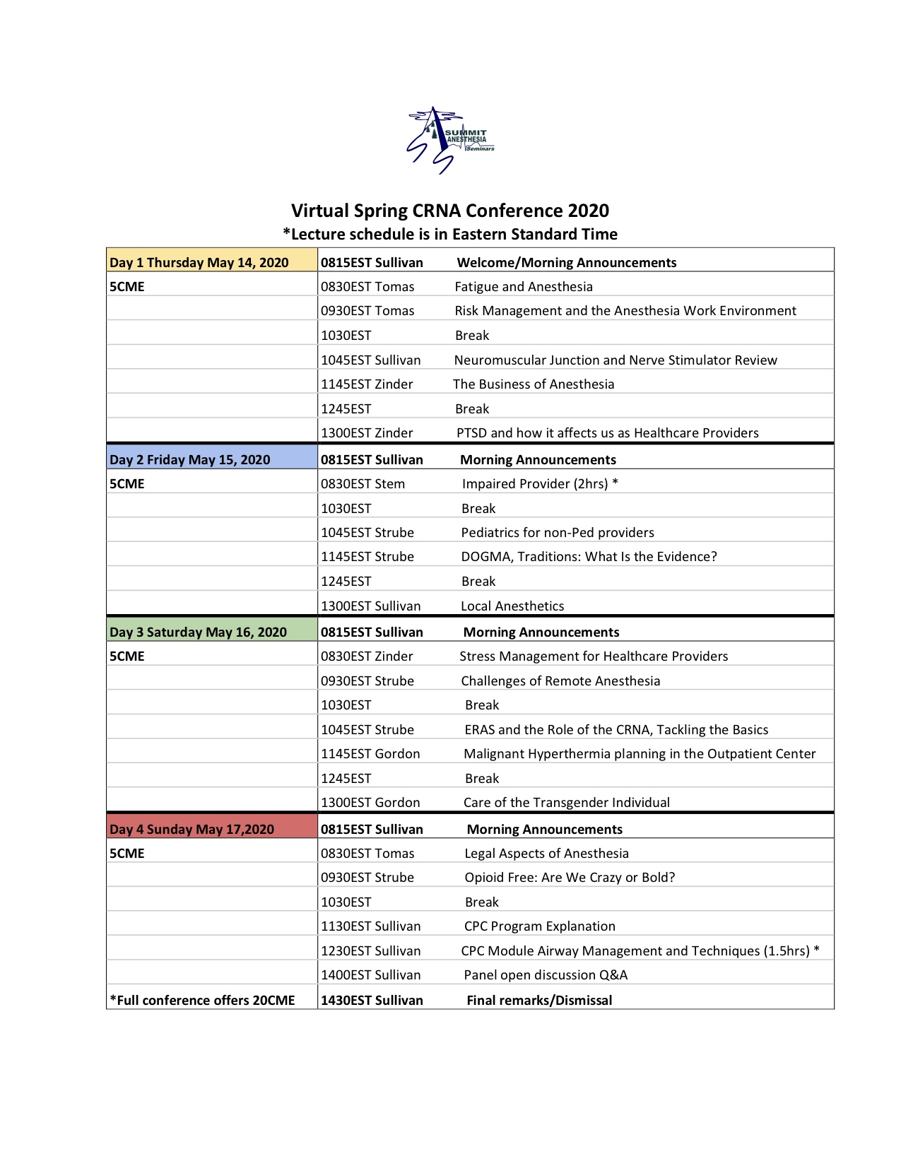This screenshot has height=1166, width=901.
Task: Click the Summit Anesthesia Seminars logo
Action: (450, 140)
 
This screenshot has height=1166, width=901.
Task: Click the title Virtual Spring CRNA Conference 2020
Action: (450, 211)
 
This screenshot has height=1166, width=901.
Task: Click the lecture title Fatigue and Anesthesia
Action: (524, 287)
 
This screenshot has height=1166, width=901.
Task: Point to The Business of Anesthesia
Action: (534, 384)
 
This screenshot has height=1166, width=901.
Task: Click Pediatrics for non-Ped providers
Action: (558, 533)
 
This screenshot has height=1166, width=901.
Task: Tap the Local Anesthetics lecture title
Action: (512, 606)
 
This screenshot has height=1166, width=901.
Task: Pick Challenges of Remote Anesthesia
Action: (560, 681)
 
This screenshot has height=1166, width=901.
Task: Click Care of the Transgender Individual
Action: (567, 803)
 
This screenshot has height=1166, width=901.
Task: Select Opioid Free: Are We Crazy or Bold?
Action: (570, 878)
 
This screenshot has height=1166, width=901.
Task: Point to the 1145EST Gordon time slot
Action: (370, 754)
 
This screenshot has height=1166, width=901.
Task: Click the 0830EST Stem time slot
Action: (363, 484)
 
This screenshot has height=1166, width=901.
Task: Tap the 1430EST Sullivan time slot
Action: (372, 1001)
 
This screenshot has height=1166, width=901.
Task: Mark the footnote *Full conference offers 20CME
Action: (202, 1001)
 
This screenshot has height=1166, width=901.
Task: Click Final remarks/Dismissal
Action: (539, 1001)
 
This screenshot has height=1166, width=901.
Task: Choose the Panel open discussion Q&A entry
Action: (546, 975)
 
